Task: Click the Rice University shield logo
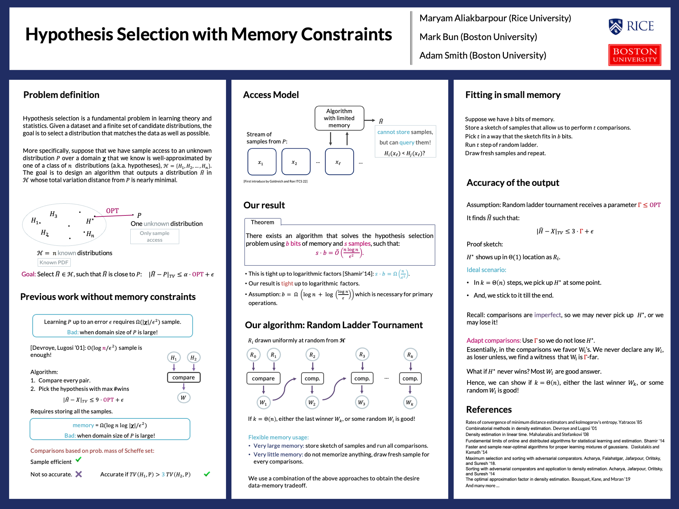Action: pos(616,26)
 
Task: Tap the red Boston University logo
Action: pos(634,55)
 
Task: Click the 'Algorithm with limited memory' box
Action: pos(339,118)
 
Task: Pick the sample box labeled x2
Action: pos(296,162)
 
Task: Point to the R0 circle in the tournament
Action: pos(253,355)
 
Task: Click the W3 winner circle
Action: pos(362,402)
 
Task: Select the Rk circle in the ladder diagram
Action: pos(410,355)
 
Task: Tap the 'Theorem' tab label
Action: pos(262,222)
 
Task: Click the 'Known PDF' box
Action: pos(54,262)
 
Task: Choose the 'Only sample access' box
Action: pos(154,237)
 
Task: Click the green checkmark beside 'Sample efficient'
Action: pos(79,460)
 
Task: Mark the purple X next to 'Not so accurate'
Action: pos(79,474)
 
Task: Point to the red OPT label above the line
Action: pos(112,211)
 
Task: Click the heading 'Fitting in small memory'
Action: pos(513,95)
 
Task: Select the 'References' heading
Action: pos(489,410)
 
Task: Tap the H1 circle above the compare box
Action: pos(174,357)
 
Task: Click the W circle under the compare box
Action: pos(183,398)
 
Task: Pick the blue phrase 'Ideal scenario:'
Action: pos(486,270)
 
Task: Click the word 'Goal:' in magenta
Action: pos(29,274)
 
